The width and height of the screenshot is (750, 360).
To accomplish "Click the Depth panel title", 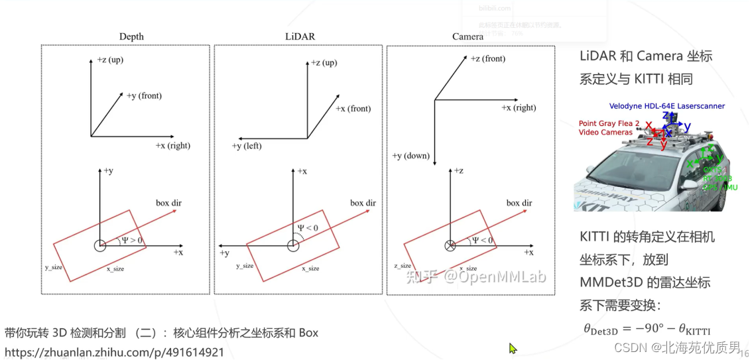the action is tap(131, 36).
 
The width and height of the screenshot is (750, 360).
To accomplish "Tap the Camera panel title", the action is tap(468, 36).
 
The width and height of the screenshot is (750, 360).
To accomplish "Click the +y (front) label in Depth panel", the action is tap(144, 96).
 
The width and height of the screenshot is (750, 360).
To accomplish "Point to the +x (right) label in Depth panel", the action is tap(173, 145).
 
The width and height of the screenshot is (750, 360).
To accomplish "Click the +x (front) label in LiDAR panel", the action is tap(353, 109).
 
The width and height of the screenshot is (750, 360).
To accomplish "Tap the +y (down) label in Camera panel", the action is tap(411, 156).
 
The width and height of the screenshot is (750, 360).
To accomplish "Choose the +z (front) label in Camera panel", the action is tap(488, 58).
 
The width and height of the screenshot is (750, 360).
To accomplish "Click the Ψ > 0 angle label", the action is tap(131, 240).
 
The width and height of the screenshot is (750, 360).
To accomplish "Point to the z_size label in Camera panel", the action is tap(401, 266).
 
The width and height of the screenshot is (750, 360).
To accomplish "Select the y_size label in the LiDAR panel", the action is tap(245, 266).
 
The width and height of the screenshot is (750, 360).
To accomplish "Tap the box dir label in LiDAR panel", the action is tap(363, 203).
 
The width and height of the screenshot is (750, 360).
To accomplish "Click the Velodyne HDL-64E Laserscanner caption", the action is tap(666, 106).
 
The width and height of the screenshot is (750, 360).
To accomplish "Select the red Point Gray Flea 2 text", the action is tap(609, 123).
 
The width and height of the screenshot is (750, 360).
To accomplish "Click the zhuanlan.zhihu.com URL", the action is tap(114, 353).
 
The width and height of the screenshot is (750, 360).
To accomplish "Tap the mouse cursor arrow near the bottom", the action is tap(512, 348).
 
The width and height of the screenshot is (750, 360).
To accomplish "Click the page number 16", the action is tap(744, 353).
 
